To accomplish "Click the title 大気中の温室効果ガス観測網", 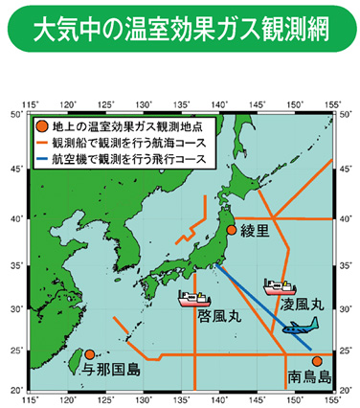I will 179,31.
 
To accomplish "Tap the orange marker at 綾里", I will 231,229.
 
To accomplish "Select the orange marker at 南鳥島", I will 317,361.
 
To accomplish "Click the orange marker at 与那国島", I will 89,354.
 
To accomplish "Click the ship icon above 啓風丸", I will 194,296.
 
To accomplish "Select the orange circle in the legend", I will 40,125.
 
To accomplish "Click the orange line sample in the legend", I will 41,141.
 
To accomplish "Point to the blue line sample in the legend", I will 41,155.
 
